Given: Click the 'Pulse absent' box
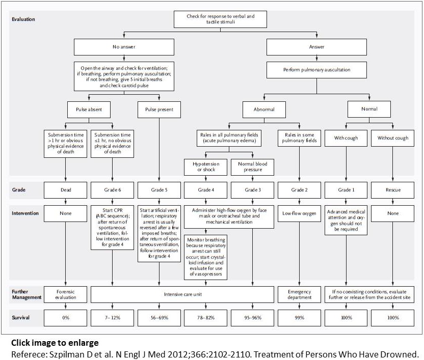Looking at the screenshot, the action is [89, 109].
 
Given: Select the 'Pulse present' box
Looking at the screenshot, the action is [159, 109].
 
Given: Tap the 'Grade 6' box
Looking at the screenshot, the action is [112, 190].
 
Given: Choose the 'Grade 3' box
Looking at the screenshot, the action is [253, 190].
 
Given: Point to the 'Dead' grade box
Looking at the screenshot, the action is [65, 190].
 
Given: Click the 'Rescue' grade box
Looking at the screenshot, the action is [392, 190].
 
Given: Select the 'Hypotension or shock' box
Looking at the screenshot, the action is [206, 167].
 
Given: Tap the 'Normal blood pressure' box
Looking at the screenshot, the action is [253, 167].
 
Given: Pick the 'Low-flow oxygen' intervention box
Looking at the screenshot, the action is [299, 213].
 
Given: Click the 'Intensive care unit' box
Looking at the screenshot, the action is [182, 294].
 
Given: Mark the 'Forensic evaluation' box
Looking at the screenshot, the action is [65, 294].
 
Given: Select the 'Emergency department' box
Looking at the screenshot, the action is [299, 294].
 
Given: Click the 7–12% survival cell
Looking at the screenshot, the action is [112, 318].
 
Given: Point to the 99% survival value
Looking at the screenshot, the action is [299, 318].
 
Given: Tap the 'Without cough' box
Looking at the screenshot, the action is [392, 138].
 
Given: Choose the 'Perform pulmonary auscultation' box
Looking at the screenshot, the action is [316, 70].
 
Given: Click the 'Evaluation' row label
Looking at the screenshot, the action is [23, 19].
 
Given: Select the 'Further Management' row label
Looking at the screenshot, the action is [26, 294].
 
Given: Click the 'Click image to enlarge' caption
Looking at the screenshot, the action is [55, 343].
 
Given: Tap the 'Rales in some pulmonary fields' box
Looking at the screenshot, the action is [299, 138].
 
